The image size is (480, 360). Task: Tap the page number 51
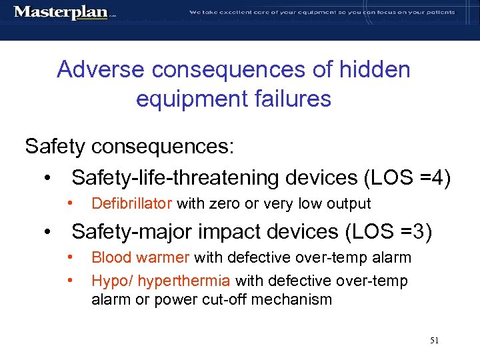pyautogui.click(x=434, y=340)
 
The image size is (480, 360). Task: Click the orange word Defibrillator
pyautogui.click(x=131, y=203)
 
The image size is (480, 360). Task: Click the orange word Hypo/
pyautogui.click(x=109, y=281)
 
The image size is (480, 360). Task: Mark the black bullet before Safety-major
pyautogui.click(x=47, y=233)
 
